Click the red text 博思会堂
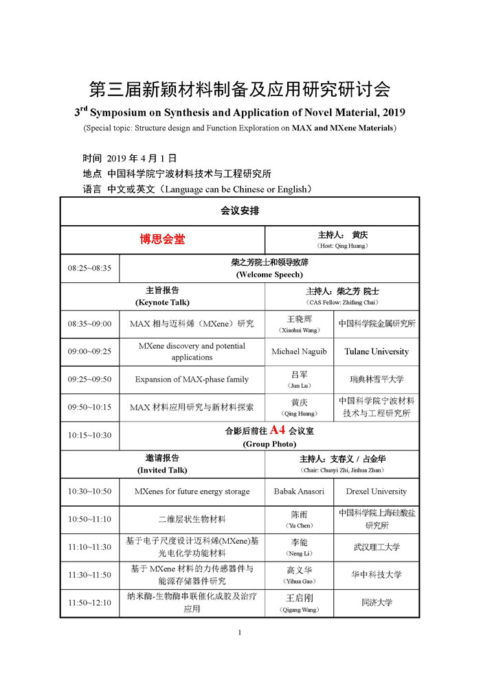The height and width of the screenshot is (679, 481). coord(163,239)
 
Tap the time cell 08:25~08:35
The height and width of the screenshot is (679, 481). coord(89,268)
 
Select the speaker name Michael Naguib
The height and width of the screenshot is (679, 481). coord(300,352)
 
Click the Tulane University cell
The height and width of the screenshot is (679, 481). coord(376,352)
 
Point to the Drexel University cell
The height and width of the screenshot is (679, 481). coord(376,492)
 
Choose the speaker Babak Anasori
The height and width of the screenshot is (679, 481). coord(300,492)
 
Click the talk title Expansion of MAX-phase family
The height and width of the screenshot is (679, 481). coord(192,379)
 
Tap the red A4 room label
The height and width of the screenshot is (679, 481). coord(277,430)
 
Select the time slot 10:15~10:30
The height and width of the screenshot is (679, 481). coord(89,435)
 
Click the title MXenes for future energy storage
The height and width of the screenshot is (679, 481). coord(192,492)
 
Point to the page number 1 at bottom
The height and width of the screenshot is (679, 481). coord(240,632)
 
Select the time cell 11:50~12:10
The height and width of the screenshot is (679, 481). coord(89,603)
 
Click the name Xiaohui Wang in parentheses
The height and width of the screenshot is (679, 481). coord(300,330)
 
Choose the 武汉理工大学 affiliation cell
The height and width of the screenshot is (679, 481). coord(376,547)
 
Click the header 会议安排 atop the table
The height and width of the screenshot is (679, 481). coord(240,211)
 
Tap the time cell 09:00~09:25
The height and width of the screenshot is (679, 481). coord(89,352)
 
